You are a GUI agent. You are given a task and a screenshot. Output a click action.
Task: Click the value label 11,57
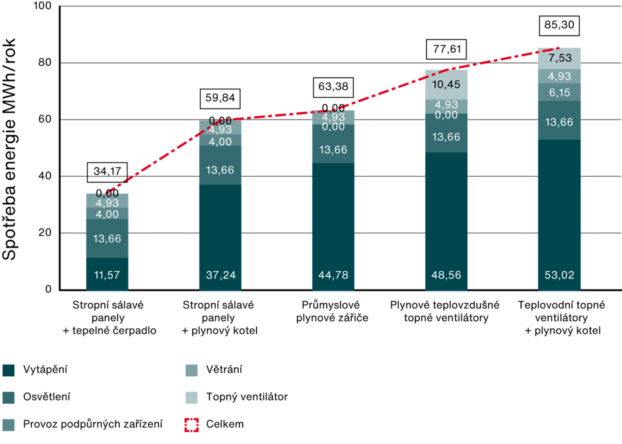tap(107, 275)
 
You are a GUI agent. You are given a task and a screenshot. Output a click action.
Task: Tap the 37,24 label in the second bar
tap(220, 275)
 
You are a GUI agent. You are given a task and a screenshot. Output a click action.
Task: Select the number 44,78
tap(333, 275)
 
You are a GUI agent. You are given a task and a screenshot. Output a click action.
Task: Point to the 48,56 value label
tap(446, 275)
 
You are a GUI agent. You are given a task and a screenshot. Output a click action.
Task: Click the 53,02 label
tap(559, 275)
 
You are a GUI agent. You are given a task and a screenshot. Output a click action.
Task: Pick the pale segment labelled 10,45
tap(446, 84)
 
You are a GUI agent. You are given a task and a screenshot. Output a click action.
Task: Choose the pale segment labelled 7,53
tap(559, 58)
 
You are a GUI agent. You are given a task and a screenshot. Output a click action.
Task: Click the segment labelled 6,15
tap(559, 93)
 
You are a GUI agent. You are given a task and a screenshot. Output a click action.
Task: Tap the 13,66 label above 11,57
tap(107, 238)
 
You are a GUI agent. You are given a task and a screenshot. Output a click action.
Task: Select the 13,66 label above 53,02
tap(559, 122)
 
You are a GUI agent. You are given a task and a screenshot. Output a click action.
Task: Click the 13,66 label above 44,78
tap(333, 150)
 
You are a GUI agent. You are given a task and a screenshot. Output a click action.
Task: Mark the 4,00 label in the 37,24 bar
tap(220, 142)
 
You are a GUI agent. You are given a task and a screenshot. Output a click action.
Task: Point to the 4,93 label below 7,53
tap(559, 76)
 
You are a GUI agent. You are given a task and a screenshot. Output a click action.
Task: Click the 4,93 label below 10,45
tap(446, 105)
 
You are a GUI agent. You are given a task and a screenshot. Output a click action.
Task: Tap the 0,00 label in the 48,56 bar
tap(446, 115)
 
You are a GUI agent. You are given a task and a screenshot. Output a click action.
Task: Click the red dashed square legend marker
tap(192, 425)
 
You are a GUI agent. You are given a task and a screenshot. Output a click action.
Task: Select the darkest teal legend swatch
tap(9, 371)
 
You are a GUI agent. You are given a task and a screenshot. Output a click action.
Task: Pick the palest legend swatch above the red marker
tap(192, 398)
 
